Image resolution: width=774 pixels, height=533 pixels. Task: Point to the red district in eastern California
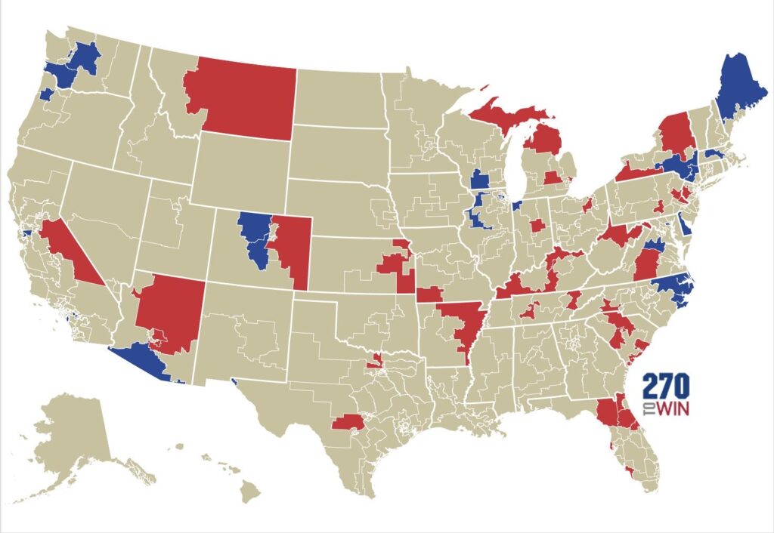[68, 249]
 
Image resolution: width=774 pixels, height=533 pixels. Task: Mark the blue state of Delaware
[684, 224]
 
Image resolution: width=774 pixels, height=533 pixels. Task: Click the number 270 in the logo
[665, 387]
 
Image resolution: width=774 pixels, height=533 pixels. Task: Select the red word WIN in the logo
[672, 408]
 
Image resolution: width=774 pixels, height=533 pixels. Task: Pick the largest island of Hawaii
[250, 492]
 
